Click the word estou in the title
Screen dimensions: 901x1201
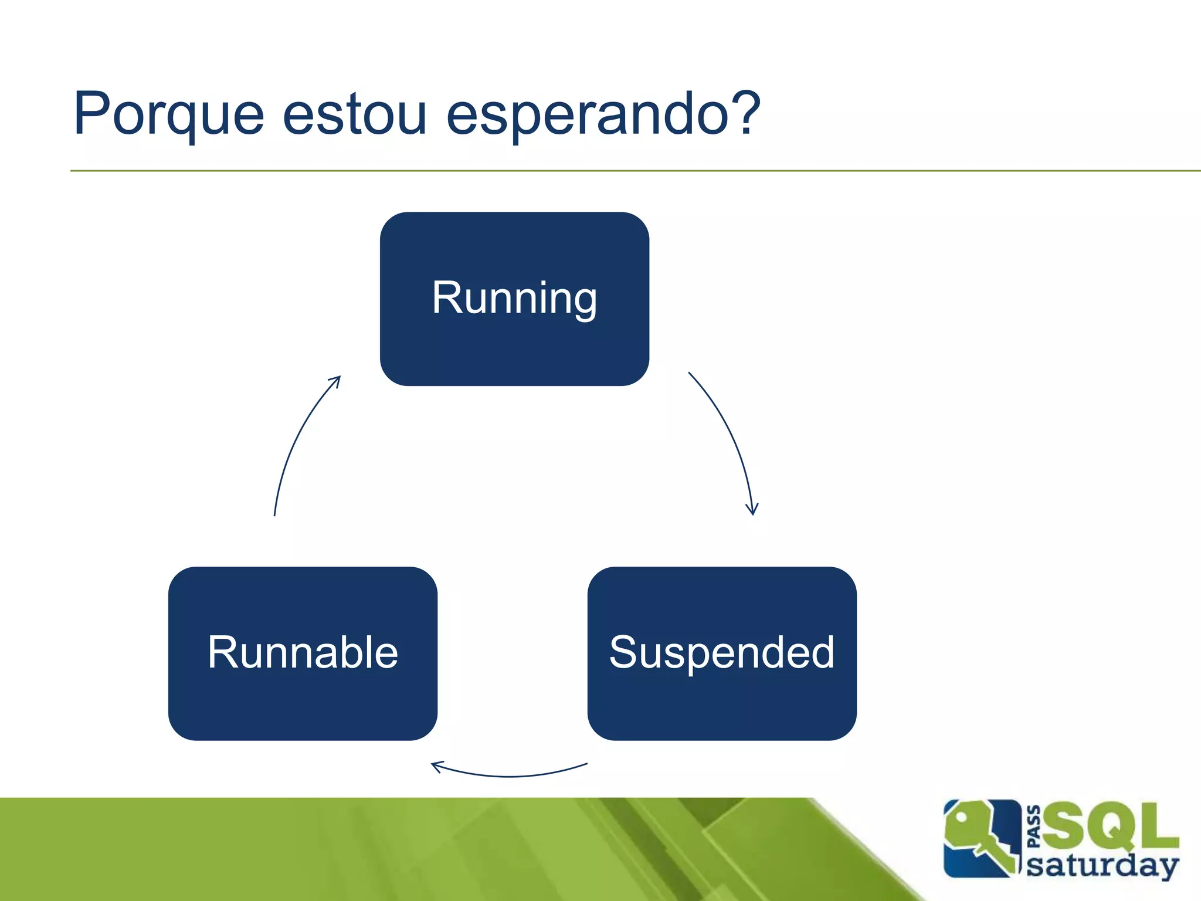tap(354, 114)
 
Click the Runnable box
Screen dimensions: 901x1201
tap(303, 704)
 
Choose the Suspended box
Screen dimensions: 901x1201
tap(722, 704)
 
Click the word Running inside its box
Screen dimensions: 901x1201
tap(514, 298)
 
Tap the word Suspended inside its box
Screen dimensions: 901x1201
tap(722, 652)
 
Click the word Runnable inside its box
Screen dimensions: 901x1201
tap(303, 652)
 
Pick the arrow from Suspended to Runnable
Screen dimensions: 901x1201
tap(510, 775)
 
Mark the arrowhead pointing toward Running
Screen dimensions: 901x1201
tap(336, 381)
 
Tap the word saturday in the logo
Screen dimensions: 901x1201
tap(1102, 865)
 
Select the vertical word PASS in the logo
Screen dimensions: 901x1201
tap(1034, 827)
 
